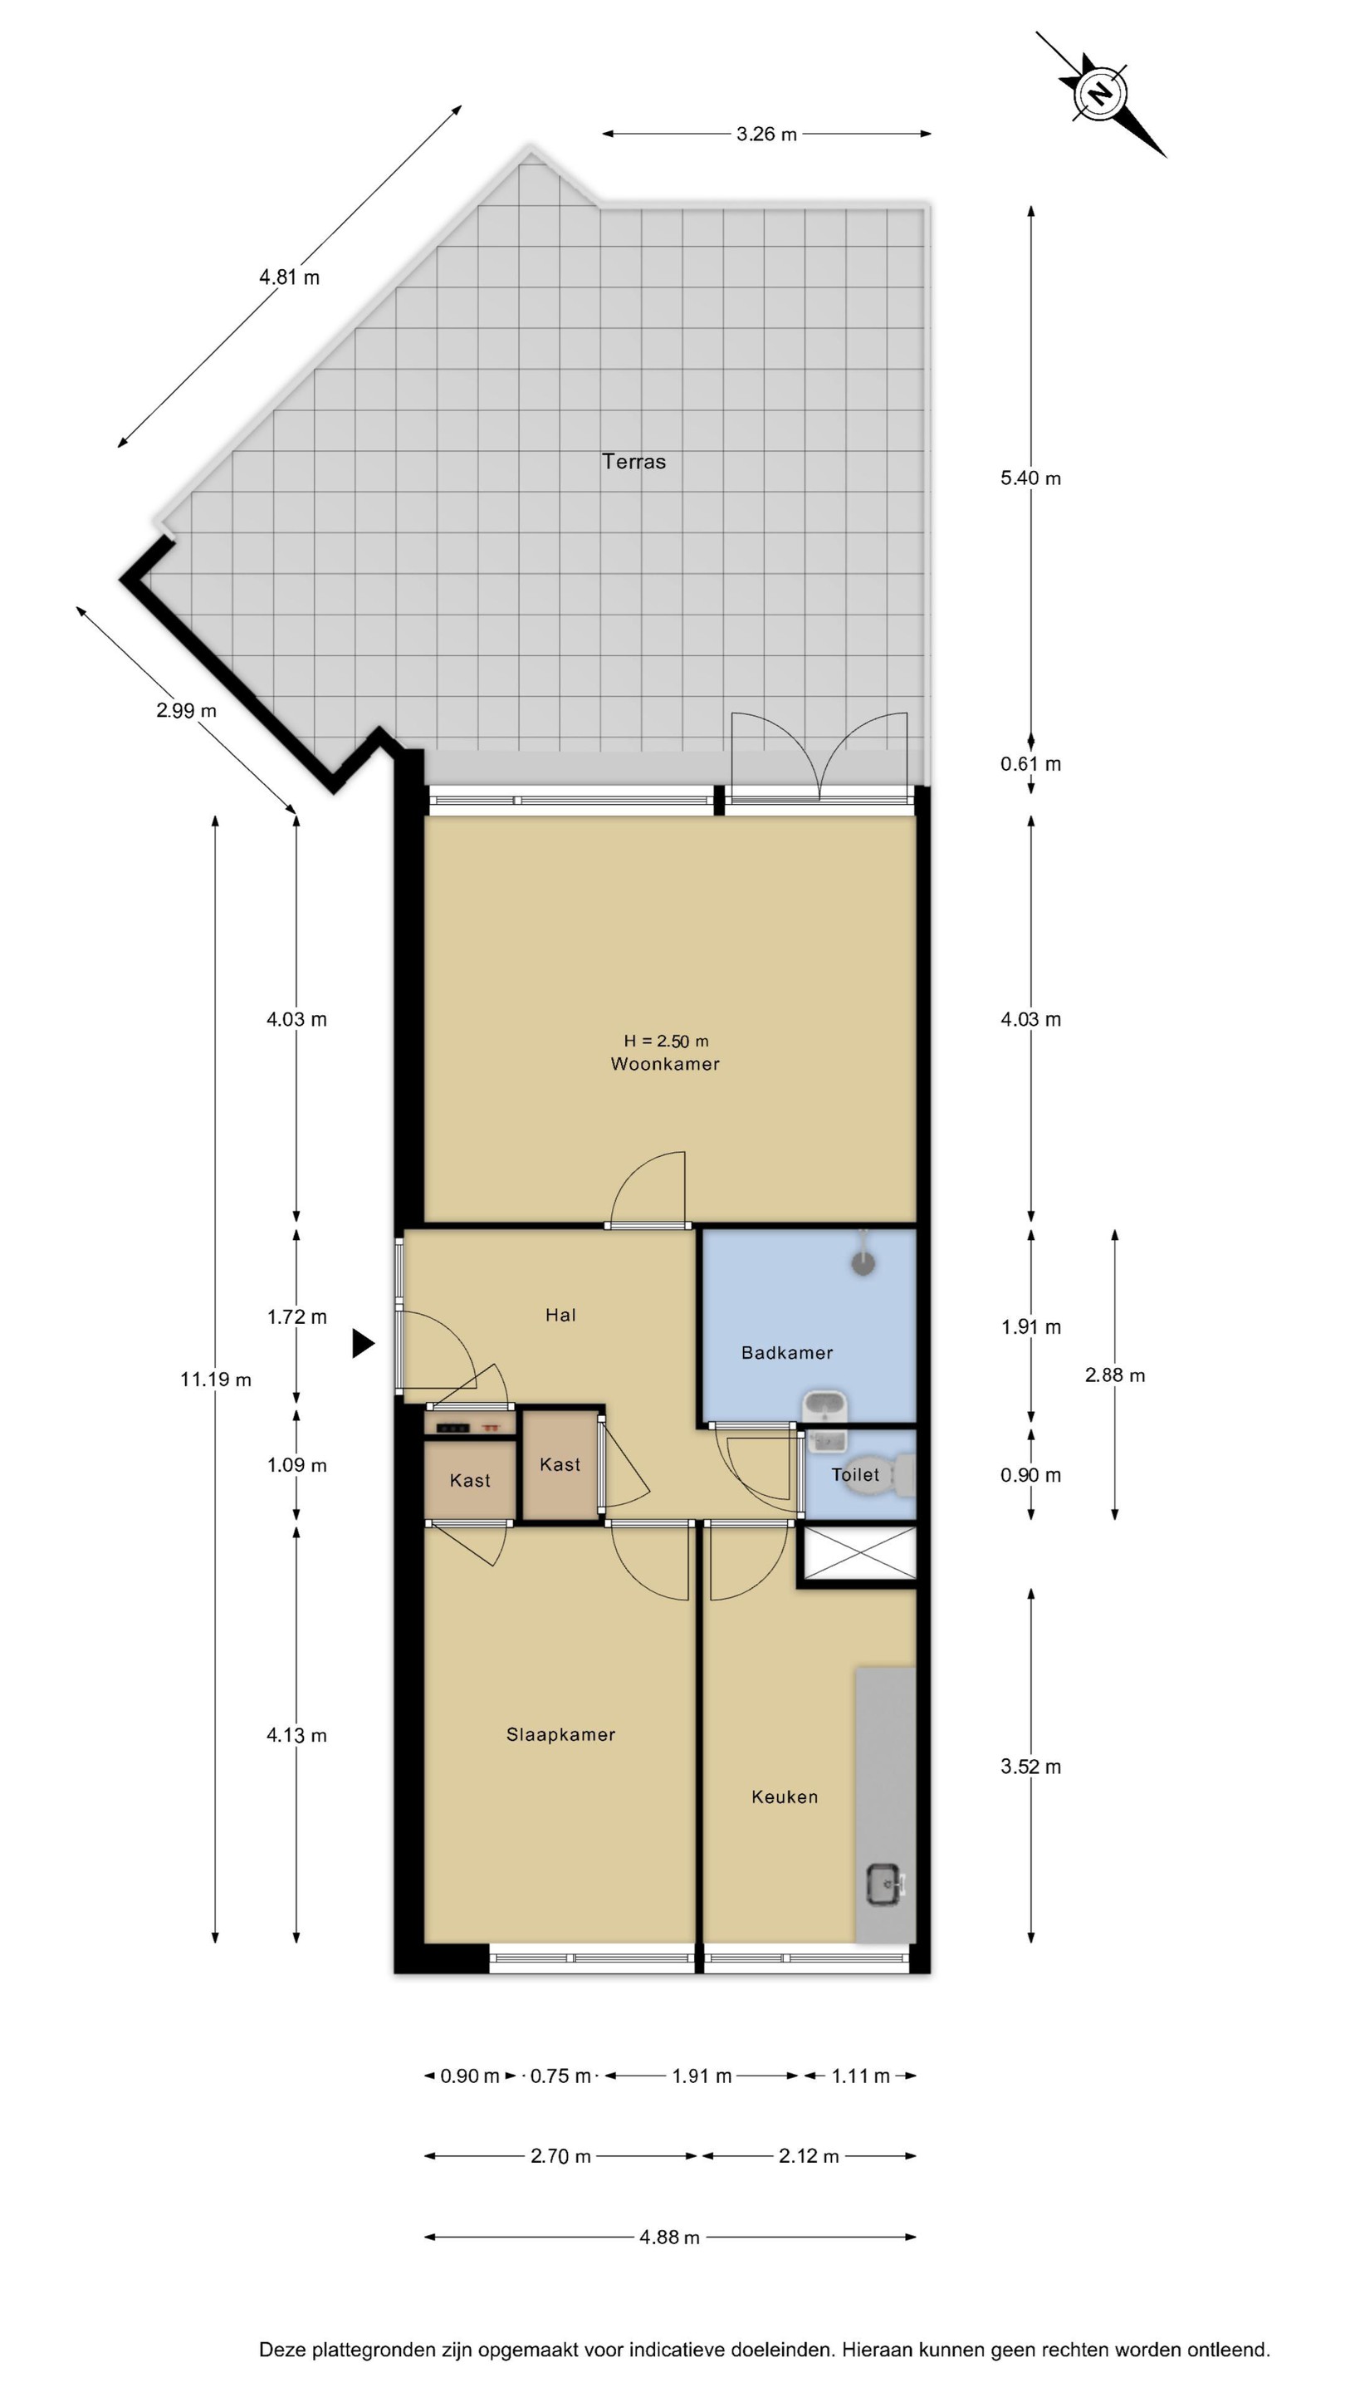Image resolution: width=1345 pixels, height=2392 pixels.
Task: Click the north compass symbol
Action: tap(1100, 94)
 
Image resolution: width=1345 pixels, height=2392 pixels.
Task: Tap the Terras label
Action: tap(634, 462)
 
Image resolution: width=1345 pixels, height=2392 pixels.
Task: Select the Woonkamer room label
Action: tap(664, 1064)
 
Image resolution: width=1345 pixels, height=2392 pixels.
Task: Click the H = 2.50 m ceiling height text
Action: tap(666, 1041)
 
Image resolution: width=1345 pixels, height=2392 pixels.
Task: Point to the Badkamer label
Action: tap(787, 1353)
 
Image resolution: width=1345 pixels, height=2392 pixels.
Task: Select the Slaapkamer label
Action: tap(560, 1734)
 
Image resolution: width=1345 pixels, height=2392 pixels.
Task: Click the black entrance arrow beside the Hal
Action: tap(363, 1343)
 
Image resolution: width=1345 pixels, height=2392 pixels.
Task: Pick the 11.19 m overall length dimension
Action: tap(215, 1379)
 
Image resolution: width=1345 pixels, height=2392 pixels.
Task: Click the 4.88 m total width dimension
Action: tap(669, 2237)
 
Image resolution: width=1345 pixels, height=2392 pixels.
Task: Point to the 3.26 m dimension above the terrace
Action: tap(766, 134)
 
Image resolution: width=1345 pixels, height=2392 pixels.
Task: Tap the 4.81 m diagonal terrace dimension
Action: tap(290, 277)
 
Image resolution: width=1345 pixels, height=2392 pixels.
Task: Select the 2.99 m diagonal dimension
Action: tap(187, 710)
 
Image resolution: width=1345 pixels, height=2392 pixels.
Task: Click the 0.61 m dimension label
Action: tap(1030, 763)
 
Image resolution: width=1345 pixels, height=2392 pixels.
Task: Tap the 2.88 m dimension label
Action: tap(1115, 1375)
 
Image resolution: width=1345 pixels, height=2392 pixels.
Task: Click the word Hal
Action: tap(560, 1315)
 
